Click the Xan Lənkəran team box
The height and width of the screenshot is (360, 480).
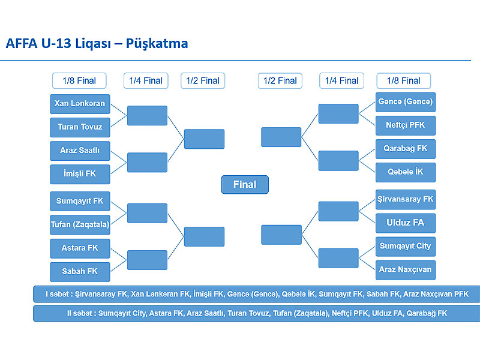tap(80, 104)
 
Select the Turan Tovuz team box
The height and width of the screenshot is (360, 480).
tap(80, 127)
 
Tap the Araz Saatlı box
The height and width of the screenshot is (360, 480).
tap(80, 151)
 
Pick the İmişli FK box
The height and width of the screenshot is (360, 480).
tap(80, 174)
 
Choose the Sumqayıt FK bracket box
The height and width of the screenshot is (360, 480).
tap(80, 201)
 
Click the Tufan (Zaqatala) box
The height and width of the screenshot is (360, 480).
tap(80, 224)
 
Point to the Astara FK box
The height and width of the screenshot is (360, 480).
tap(80, 248)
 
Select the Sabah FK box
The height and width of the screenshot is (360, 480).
tap(80, 272)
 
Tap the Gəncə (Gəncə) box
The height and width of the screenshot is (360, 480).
tap(406, 102)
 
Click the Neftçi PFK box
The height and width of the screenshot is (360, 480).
tap(406, 125)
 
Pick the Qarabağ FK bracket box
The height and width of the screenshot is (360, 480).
tap(406, 149)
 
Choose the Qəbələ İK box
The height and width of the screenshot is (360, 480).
tap(406, 172)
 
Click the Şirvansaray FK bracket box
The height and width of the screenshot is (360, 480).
tap(406, 200)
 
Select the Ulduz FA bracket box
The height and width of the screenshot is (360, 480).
tap(406, 223)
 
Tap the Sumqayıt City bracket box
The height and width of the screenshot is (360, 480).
tap(406, 247)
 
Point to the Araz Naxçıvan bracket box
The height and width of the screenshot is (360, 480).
tap(406, 270)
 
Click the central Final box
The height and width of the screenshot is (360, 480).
tap(245, 185)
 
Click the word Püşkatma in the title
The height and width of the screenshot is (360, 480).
tap(157, 44)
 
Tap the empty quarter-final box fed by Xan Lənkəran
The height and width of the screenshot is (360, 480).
tap(147, 115)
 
